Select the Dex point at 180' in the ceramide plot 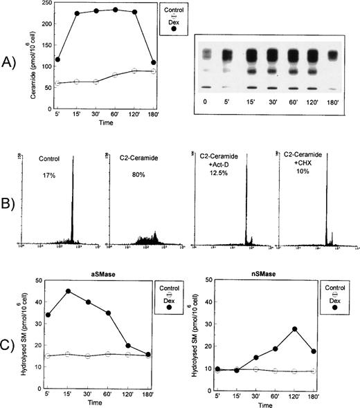pos(153,63)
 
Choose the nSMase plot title pos(267,257)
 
